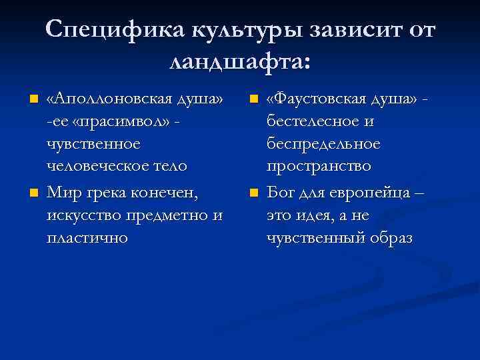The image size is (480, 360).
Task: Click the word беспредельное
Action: click(x=323, y=144)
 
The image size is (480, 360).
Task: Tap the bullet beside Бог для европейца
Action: click(x=253, y=194)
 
